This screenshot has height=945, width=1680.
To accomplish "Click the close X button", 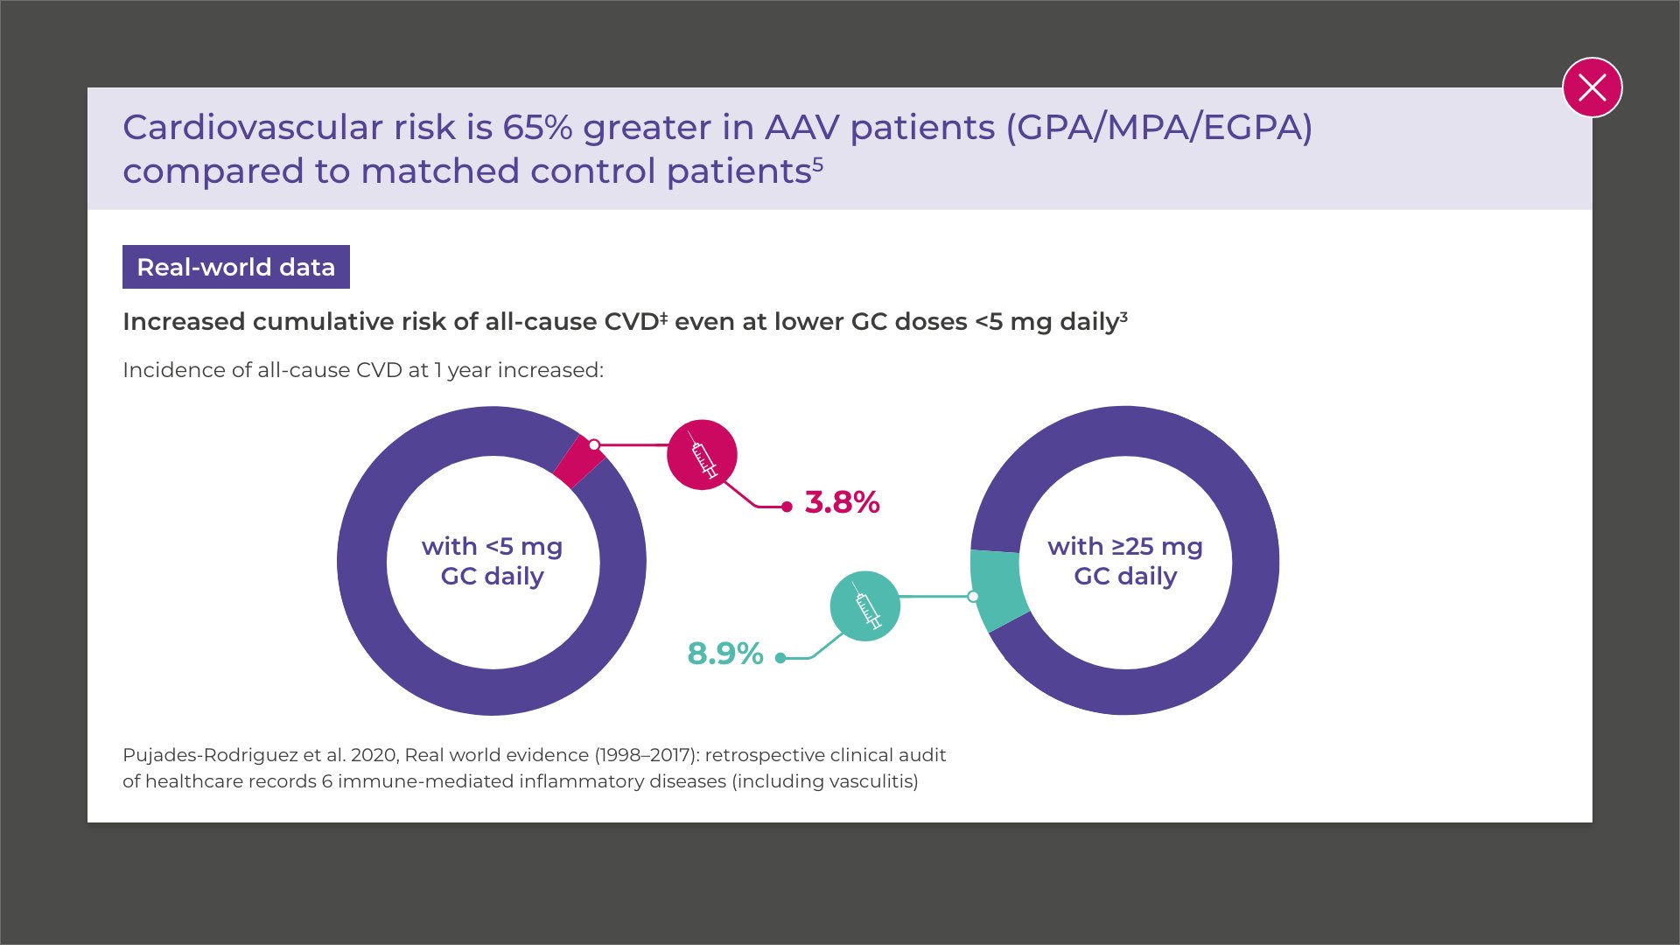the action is tap(1592, 87).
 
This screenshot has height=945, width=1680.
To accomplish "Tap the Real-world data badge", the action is tap(236, 267).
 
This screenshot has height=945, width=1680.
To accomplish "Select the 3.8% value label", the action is tap(842, 502).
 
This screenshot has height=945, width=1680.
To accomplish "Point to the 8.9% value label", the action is tap(725, 654).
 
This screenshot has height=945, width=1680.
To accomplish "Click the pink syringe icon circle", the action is tap(702, 455).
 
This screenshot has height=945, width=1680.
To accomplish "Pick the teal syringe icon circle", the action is tap(864, 606).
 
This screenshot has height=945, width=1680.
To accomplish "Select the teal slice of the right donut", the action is tap(998, 589).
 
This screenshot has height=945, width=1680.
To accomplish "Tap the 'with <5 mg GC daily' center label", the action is tap(493, 561).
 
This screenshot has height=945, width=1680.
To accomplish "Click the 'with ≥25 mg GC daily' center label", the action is tap(1125, 561).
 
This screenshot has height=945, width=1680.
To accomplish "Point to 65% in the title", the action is tap(537, 128).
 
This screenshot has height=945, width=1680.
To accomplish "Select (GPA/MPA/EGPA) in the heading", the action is tap(1159, 128).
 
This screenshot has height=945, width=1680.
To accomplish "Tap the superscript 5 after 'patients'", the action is tap(818, 162).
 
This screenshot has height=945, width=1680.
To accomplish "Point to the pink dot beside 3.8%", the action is tap(787, 507).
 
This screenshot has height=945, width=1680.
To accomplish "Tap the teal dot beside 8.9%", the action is tap(780, 658).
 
